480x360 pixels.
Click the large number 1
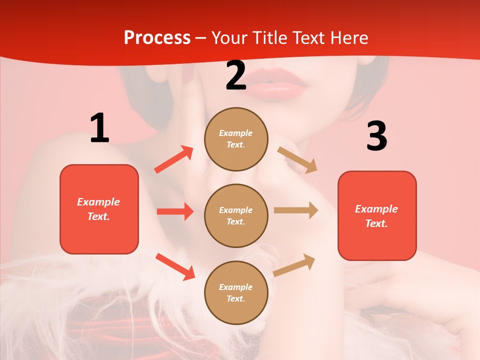pyautogui.click(x=99, y=128)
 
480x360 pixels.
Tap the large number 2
pyautogui.click(x=236, y=75)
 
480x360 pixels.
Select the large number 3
pyautogui.click(x=376, y=136)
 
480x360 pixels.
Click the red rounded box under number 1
pyautogui.click(x=99, y=209)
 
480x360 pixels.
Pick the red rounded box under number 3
pyautogui.click(x=377, y=216)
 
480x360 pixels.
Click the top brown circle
pyautogui.click(x=236, y=139)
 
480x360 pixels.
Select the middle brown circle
pyautogui.click(x=236, y=215)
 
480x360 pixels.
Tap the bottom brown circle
pyautogui.click(x=236, y=292)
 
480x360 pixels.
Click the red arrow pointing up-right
pyautogui.click(x=174, y=159)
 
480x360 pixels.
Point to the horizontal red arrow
pyautogui.click(x=175, y=211)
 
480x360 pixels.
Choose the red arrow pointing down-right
pyautogui.click(x=175, y=266)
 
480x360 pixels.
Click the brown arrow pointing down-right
pyautogui.click(x=297, y=160)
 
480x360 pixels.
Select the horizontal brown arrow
pyautogui.click(x=296, y=210)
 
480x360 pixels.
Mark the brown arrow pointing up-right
pyautogui.click(x=294, y=265)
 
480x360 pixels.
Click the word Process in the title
pyautogui.click(x=157, y=37)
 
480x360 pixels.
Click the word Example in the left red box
pyautogui.click(x=98, y=202)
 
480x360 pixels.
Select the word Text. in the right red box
pyautogui.click(x=376, y=223)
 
